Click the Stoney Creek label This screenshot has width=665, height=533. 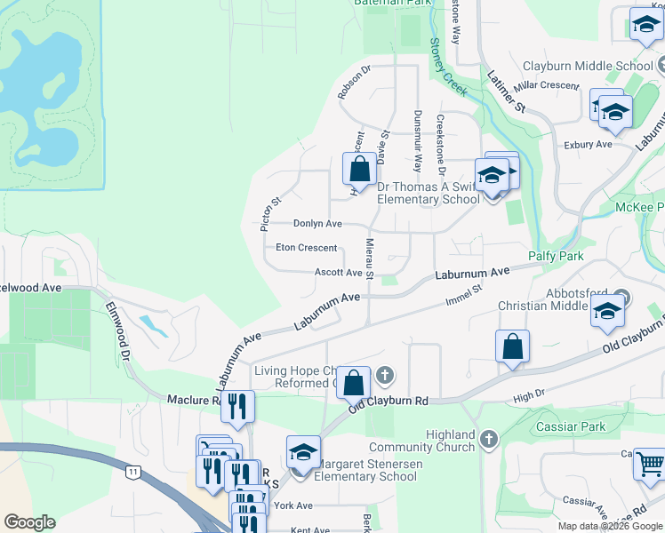click(448, 67)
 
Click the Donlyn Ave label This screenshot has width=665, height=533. click(317, 224)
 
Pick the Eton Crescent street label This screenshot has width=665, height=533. click(306, 248)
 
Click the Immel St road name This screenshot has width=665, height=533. click(464, 296)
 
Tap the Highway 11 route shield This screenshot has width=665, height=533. click(132, 472)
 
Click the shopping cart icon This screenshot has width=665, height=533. click(650, 464)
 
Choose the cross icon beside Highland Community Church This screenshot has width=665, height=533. click(488, 438)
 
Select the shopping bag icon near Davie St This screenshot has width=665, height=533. click(360, 169)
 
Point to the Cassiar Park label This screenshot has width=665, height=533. click(571, 427)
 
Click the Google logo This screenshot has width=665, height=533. click(29, 522)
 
